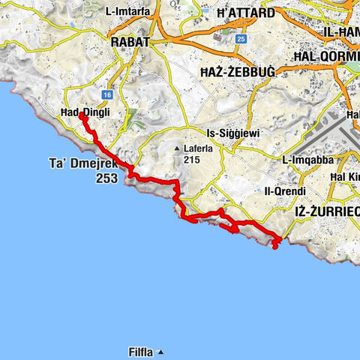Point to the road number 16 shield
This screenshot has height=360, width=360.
(108, 94)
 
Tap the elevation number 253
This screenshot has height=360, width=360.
(107, 179)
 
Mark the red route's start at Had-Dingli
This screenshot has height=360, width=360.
(80, 115)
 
